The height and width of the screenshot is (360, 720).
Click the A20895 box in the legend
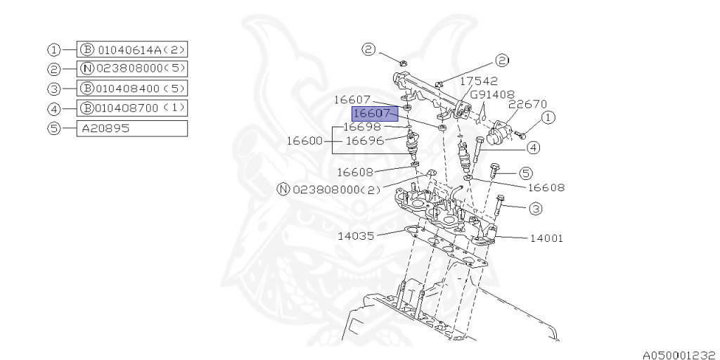[x=131, y=129]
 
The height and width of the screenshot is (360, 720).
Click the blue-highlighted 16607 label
[x=375, y=113]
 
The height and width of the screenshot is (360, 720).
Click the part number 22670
[x=528, y=104]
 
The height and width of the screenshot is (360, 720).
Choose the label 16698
[x=361, y=127]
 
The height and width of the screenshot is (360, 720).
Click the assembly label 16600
[x=304, y=141]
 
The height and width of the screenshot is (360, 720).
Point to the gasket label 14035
[x=355, y=236]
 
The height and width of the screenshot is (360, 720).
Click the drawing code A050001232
[x=679, y=356]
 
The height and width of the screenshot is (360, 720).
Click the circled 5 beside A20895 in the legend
[x=53, y=129]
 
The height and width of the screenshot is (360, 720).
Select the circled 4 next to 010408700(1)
[x=53, y=109]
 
